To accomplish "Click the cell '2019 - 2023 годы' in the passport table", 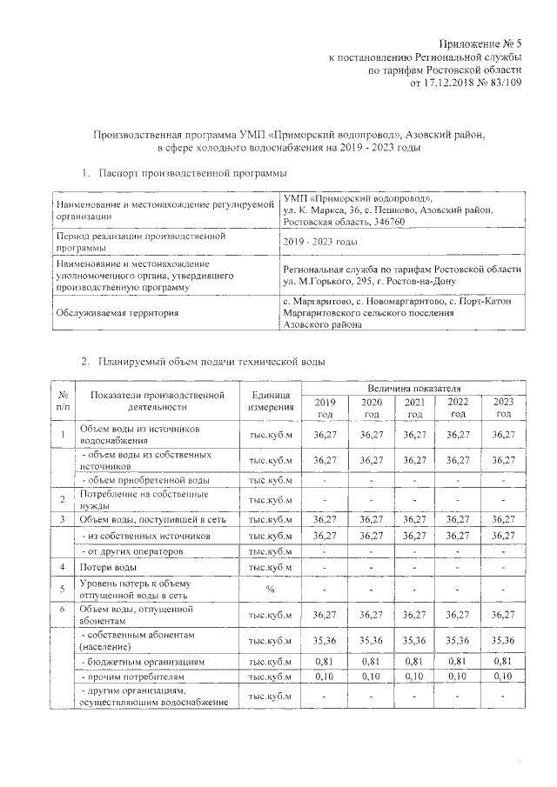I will point(321,242).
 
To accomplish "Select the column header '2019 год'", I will point(324,407).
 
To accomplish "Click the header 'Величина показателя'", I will point(413,386).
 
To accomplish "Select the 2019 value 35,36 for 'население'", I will point(324,640).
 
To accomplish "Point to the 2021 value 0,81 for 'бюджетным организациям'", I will point(413,662).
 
